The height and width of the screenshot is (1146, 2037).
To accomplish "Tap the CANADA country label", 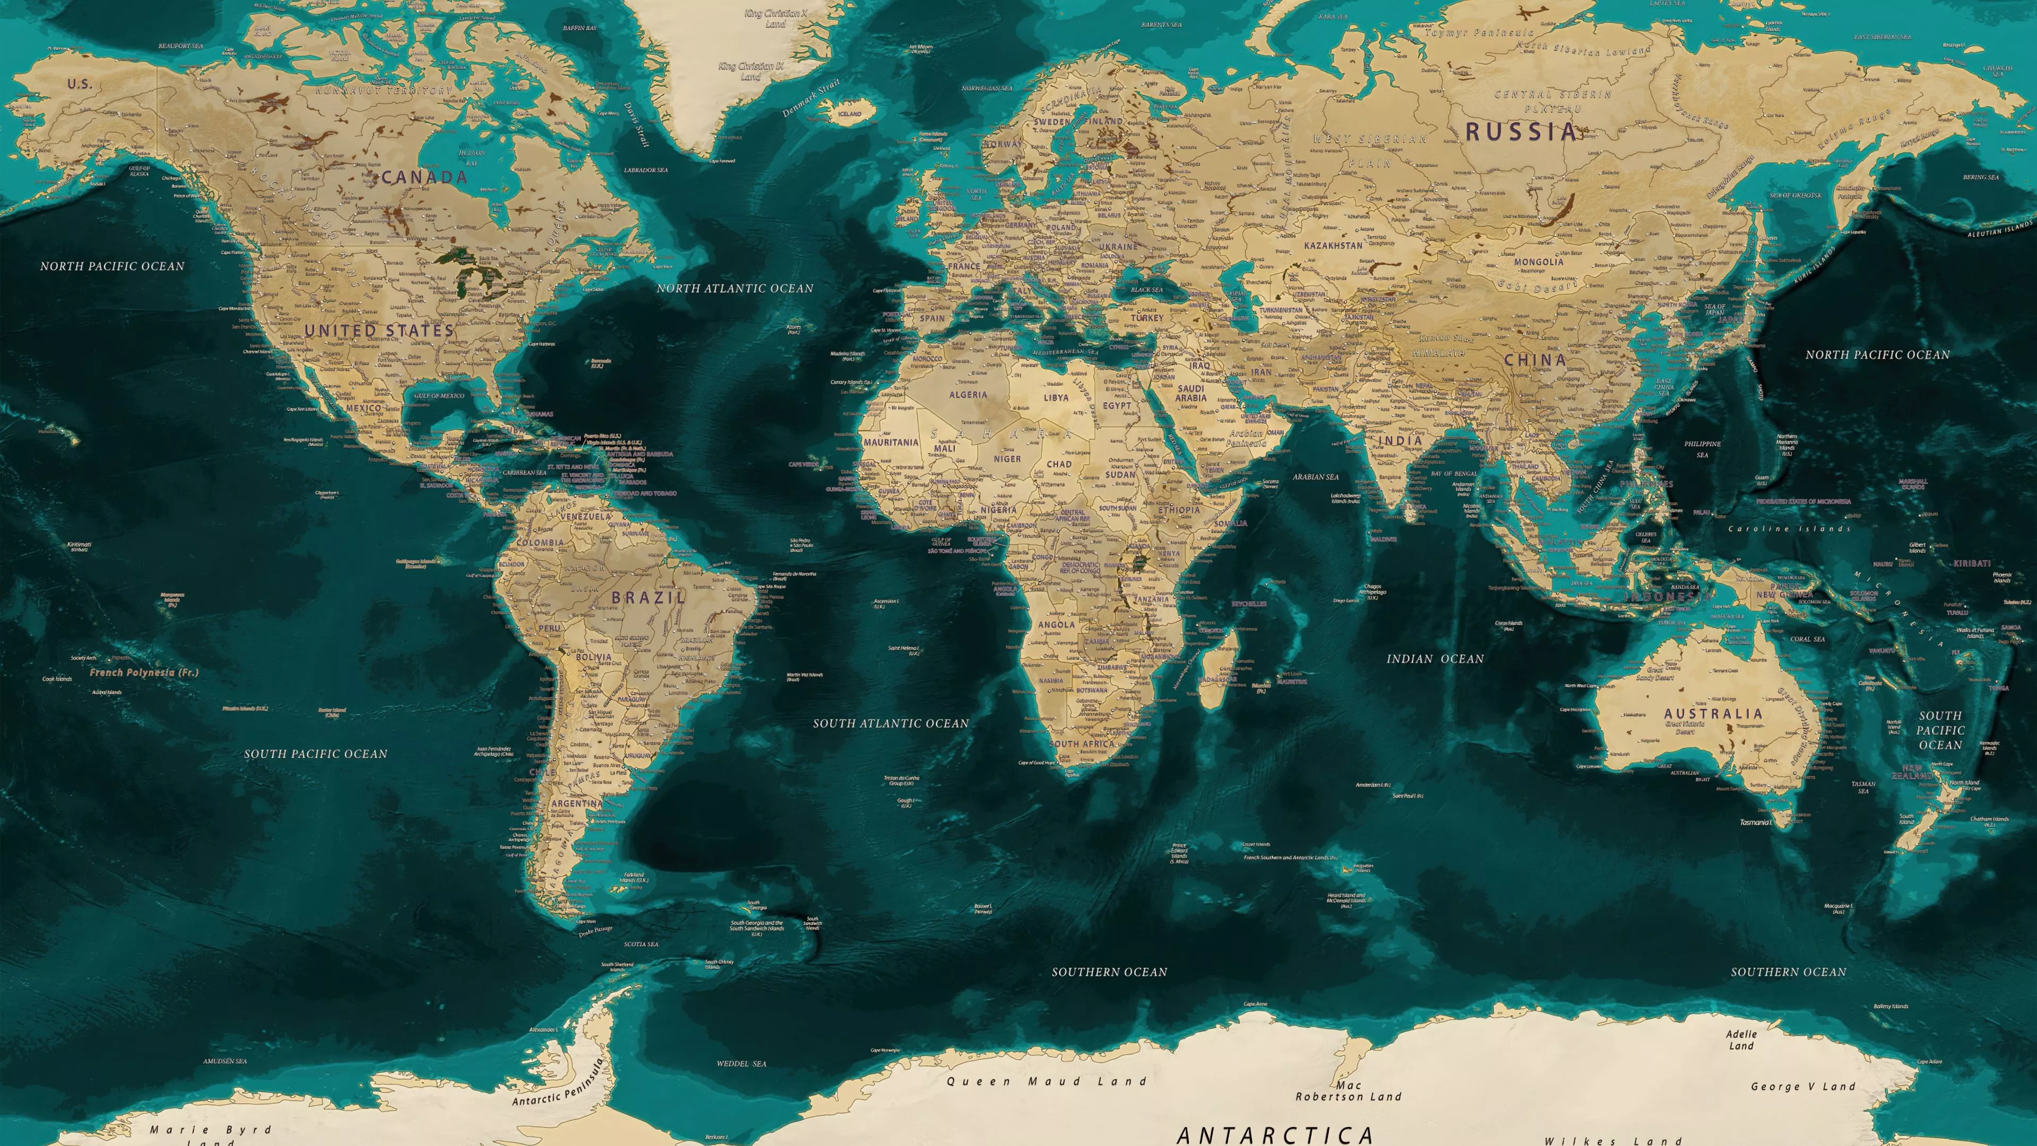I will tap(424, 178).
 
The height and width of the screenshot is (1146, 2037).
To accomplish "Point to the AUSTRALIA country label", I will tap(1713, 714).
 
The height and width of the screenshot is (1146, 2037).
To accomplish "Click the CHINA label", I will tap(1535, 360).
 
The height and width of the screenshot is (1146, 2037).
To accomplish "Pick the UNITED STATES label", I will tap(379, 331).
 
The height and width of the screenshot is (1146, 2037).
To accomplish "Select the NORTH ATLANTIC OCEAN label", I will tap(735, 289).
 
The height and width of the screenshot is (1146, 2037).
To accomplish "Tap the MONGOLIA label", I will tap(1538, 262).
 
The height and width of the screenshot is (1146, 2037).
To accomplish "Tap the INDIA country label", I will tap(1400, 440).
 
